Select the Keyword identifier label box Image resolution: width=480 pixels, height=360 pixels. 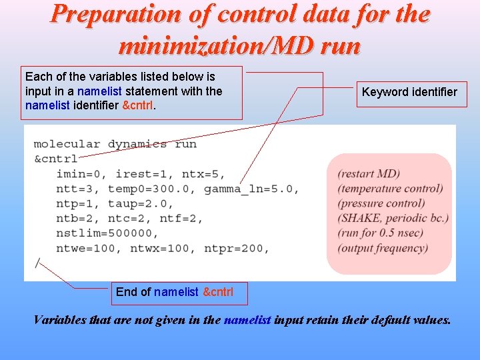pyautogui.click(x=409, y=93)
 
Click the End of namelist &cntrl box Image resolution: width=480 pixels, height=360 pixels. pyautogui.click(x=174, y=292)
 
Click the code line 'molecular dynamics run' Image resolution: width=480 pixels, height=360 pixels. pyautogui.click(x=115, y=144)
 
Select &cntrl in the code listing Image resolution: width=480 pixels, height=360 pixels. pyautogui.click(x=55, y=159)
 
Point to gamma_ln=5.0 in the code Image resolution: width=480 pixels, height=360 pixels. pyautogui.click(x=251, y=189)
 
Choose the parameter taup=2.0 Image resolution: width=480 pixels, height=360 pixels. pyautogui.click(x=140, y=203)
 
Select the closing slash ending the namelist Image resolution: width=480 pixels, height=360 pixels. pyautogui.click(x=37, y=263)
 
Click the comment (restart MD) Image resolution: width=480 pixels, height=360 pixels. pyautogui.click(x=369, y=174)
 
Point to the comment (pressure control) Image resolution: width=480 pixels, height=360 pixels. pyautogui.click(x=381, y=203)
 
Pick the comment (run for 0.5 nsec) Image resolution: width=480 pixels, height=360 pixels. pyautogui.click(x=383, y=233)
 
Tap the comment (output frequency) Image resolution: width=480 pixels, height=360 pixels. pyautogui.click(x=383, y=248)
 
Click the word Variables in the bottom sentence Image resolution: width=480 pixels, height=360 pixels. pyautogui.click(x=59, y=320)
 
